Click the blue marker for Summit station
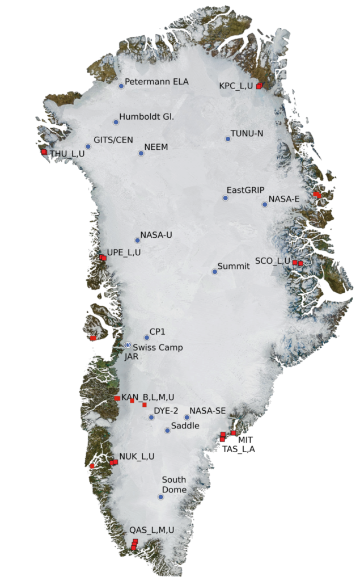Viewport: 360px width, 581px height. click(x=214, y=272)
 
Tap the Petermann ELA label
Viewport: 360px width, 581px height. click(x=156, y=82)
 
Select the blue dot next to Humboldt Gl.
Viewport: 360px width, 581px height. click(x=116, y=122)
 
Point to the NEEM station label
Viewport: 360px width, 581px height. click(x=157, y=147)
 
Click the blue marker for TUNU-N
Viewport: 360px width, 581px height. click(x=228, y=139)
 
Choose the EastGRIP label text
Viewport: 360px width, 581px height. click(x=245, y=190)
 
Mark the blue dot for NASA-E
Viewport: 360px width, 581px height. click(x=264, y=205)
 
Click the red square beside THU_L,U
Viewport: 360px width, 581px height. click(x=44, y=152)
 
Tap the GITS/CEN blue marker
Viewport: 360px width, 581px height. click(x=88, y=146)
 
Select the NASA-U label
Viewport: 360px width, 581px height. click(x=156, y=235)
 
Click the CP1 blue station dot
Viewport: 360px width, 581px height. click(x=147, y=338)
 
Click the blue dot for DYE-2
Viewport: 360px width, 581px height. click(x=151, y=418)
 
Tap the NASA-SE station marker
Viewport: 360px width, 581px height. click(x=187, y=418)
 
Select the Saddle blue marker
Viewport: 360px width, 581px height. click(x=167, y=431)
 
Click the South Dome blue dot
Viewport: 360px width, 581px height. click(x=160, y=497)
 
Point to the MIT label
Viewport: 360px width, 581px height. click(x=245, y=440)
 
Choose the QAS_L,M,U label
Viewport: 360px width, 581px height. click(x=151, y=530)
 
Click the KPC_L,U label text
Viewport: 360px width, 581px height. click(x=236, y=86)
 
